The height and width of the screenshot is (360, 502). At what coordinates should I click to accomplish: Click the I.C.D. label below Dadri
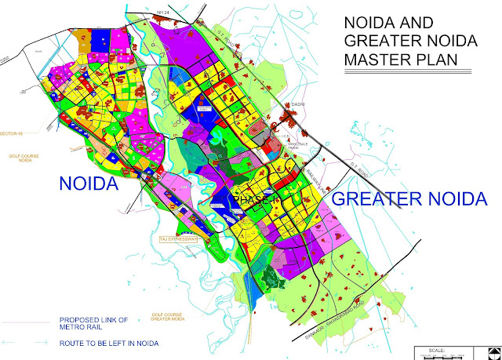[286, 137]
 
